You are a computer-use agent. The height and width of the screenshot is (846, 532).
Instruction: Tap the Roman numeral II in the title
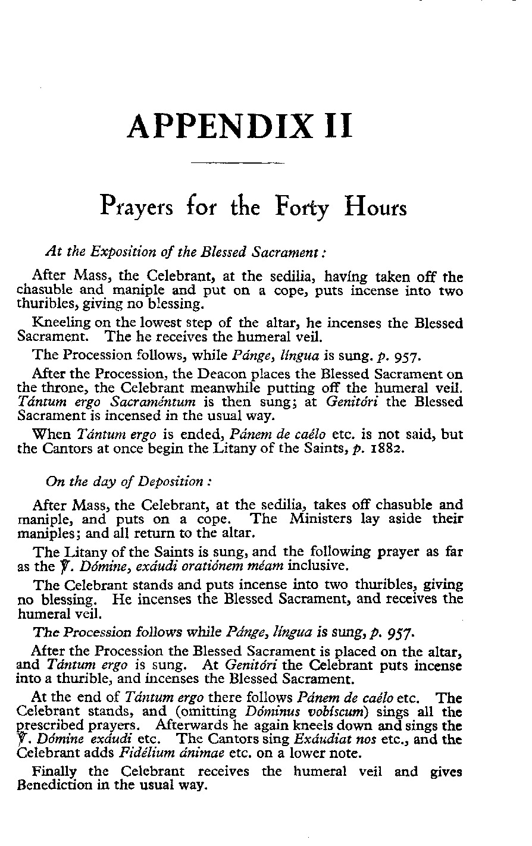click(337, 126)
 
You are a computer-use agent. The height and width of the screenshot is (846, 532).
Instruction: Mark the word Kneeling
click(61, 324)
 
